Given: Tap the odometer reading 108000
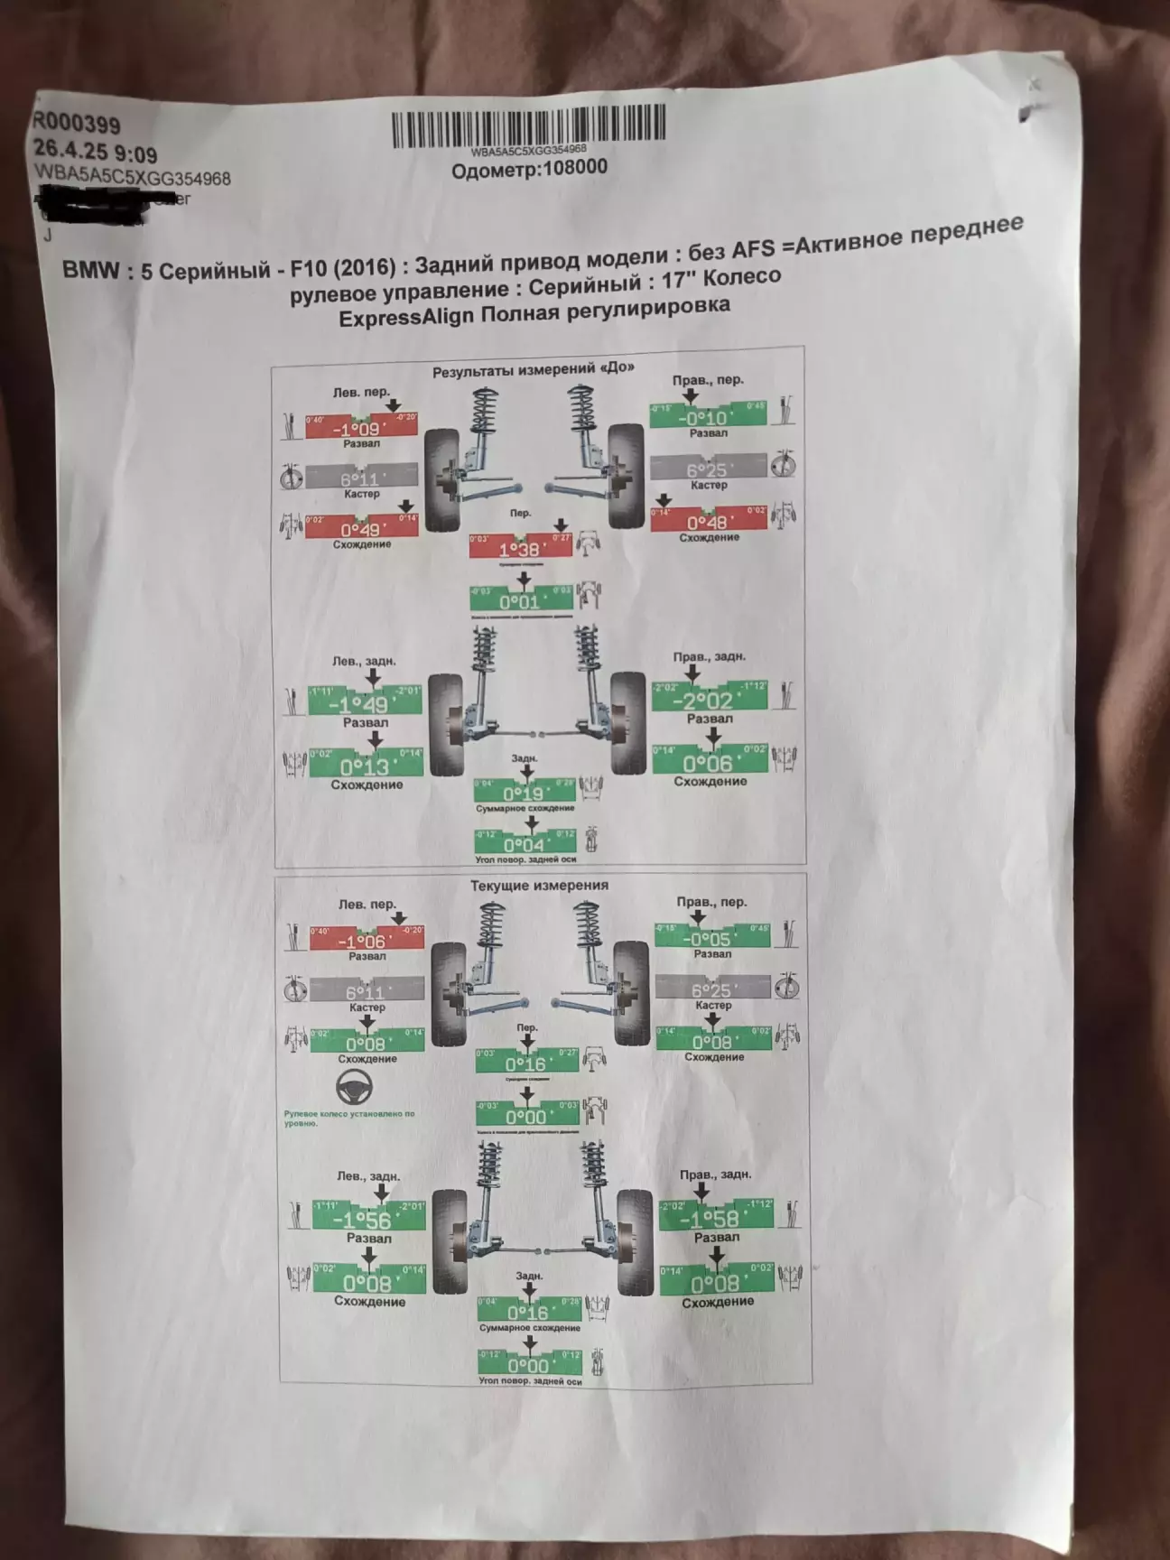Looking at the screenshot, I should click(x=530, y=168).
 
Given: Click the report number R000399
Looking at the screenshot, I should click(x=77, y=125).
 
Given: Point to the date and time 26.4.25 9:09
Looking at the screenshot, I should click(x=95, y=150).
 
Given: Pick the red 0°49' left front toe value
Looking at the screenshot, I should click(x=361, y=528).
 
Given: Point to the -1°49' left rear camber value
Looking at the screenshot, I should click(x=365, y=704).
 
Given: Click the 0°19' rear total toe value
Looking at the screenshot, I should click(x=525, y=793).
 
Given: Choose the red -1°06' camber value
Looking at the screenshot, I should click(x=366, y=941).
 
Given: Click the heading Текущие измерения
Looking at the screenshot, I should click(x=539, y=886).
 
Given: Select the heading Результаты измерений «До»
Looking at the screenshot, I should click(x=533, y=368).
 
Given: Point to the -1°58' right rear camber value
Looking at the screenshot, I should click(x=715, y=1220).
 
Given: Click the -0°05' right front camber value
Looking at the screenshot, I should click(x=712, y=939).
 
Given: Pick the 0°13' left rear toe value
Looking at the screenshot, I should click(x=365, y=766).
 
